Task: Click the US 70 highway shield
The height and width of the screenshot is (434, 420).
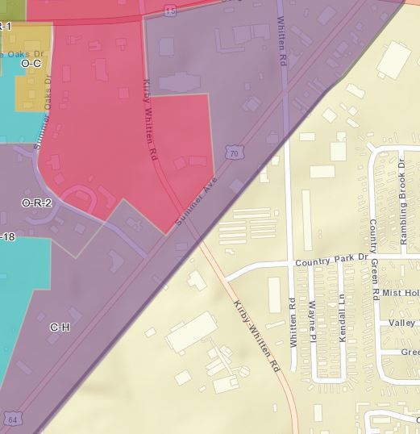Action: [234, 152]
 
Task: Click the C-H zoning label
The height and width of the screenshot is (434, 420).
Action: [60, 327]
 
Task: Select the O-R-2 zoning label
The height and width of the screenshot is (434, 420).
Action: [36, 202]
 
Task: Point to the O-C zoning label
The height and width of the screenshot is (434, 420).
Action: [31, 63]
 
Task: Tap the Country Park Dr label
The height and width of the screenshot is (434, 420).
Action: [331, 261]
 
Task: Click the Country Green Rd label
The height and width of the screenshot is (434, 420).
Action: [373, 259]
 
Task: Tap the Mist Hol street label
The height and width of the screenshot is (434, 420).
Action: [401, 292]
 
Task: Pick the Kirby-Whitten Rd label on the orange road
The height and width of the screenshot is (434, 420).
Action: [256, 336]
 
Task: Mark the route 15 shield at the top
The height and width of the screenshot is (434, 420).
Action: [169, 9]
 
